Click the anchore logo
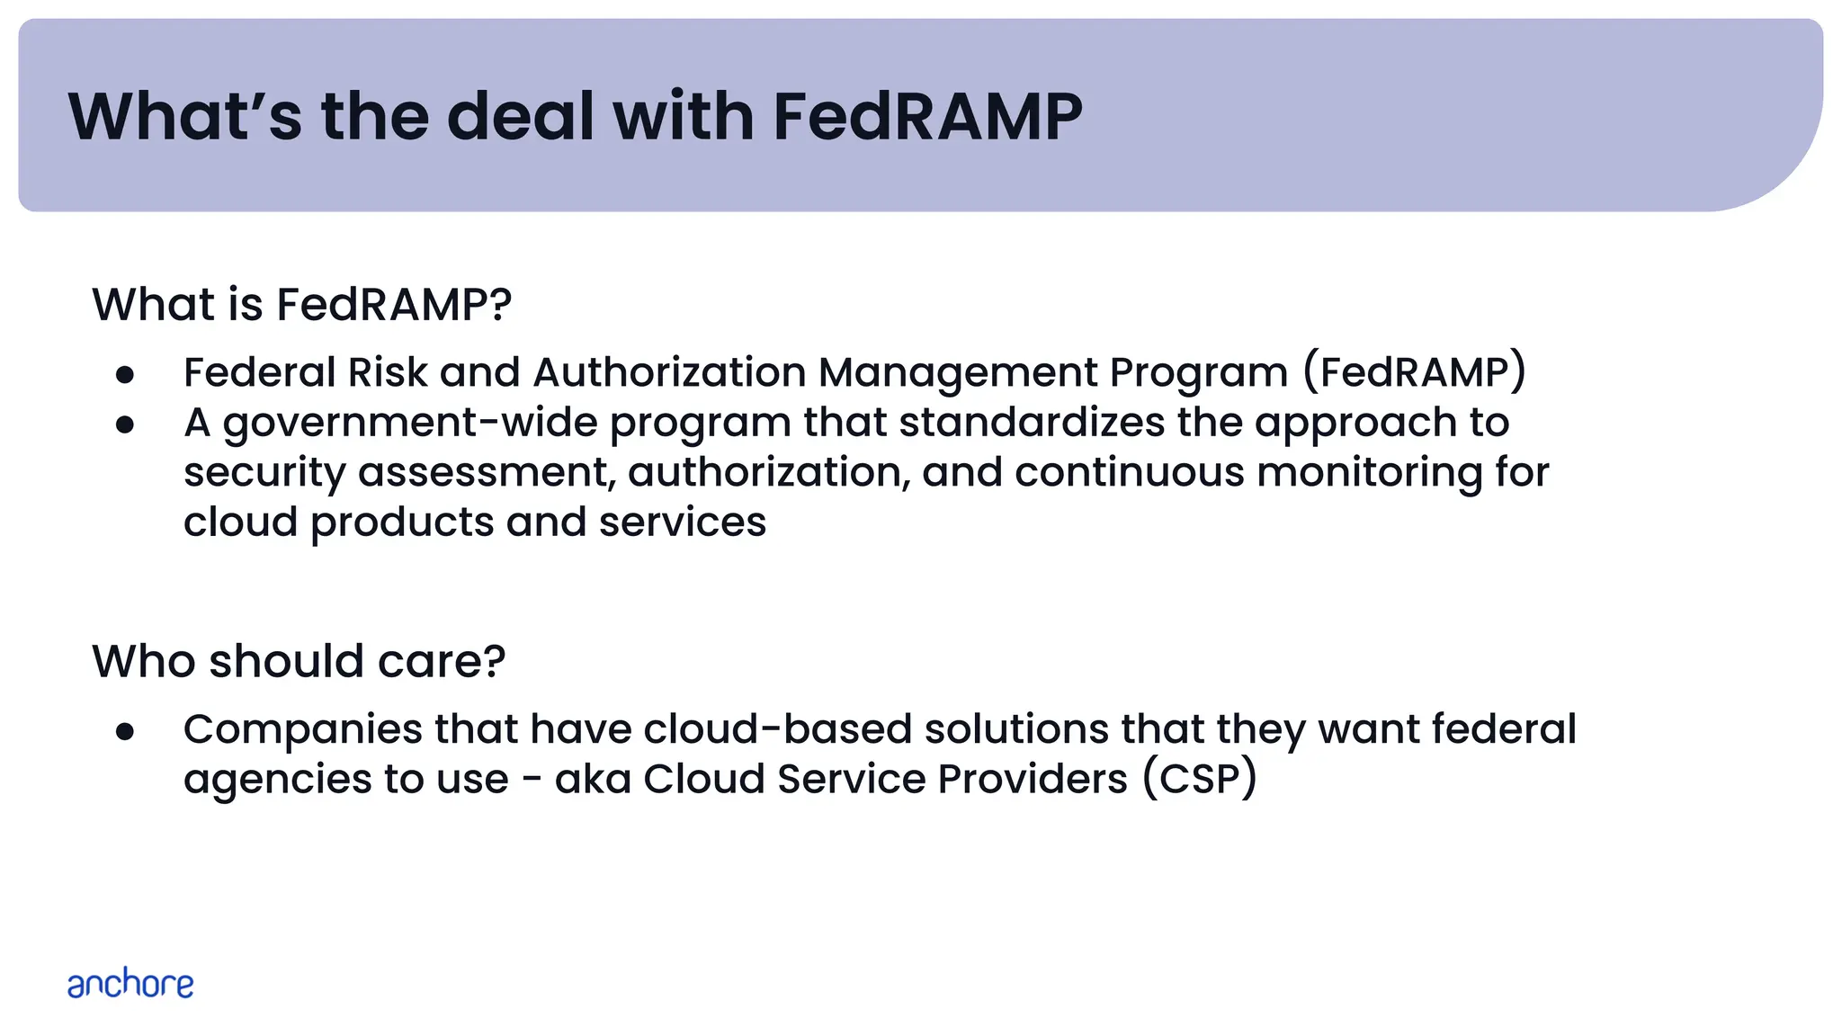(130, 984)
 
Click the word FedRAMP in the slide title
(927, 117)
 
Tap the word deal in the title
(521, 117)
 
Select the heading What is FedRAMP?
(302, 304)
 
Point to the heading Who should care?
(299, 661)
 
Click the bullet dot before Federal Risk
(125, 374)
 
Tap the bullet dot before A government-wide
(125, 424)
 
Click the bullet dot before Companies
(125, 731)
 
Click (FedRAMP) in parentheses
(1415, 372)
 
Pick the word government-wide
(409, 423)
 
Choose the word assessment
(487, 473)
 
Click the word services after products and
(682, 522)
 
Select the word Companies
(302, 729)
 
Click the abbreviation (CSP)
(1200, 779)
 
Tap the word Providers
(1032, 779)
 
